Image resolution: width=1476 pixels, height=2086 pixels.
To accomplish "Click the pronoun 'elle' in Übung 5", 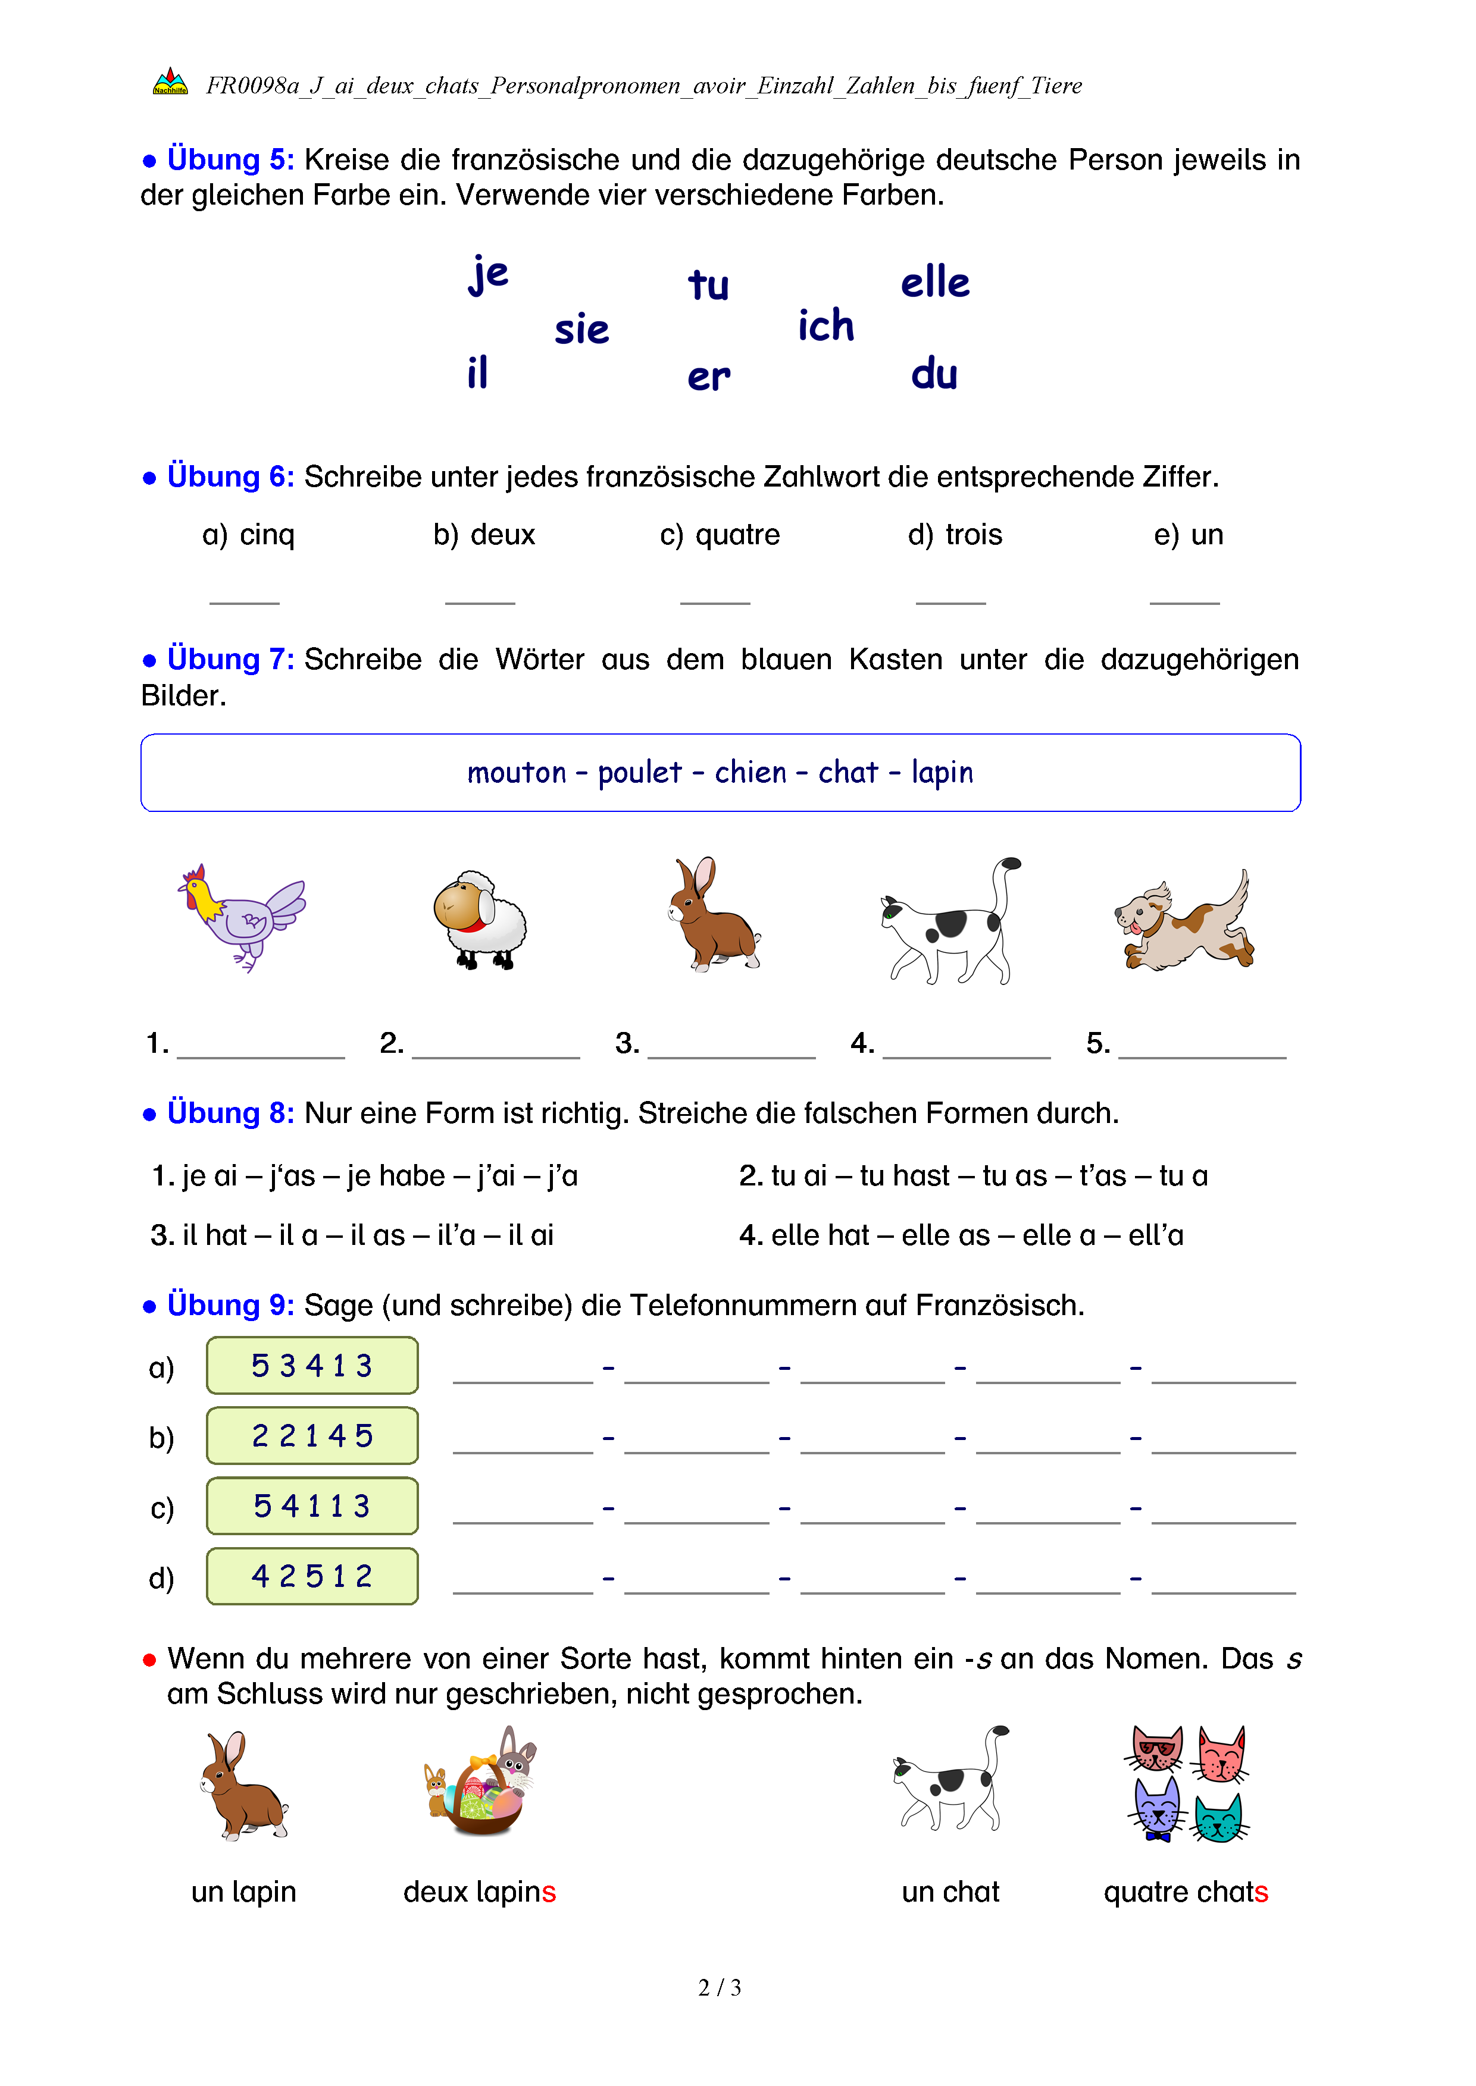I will click(934, 282).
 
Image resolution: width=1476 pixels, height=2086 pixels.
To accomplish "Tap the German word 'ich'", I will click(825, 325).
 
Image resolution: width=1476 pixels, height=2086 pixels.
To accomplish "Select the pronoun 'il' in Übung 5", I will click(477, 372).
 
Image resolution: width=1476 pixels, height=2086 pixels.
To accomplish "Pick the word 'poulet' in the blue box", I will click(639, 772).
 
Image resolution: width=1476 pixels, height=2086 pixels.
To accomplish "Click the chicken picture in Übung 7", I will click(241, 916).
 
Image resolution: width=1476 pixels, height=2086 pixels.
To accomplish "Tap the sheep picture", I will click(480, 920).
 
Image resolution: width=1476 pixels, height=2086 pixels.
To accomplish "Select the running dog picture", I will click(1185, 920).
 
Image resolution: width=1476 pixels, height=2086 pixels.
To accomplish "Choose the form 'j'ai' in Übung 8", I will click(496, 1176).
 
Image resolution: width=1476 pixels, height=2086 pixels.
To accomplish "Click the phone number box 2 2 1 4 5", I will click(312, 1435).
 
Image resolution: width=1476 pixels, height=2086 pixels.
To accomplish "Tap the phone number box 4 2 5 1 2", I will click(312, 1576).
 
